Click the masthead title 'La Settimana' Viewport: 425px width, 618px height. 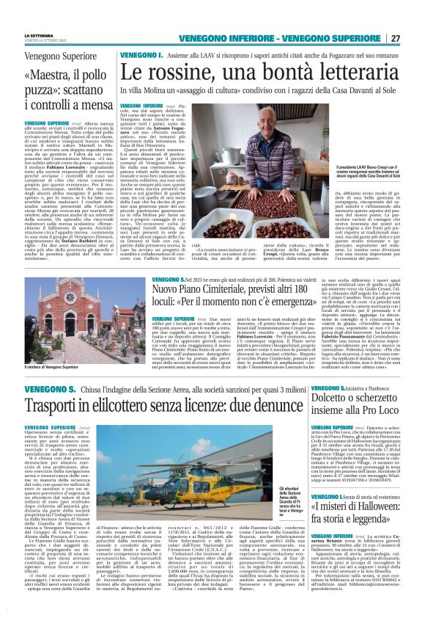click(38, 35)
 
